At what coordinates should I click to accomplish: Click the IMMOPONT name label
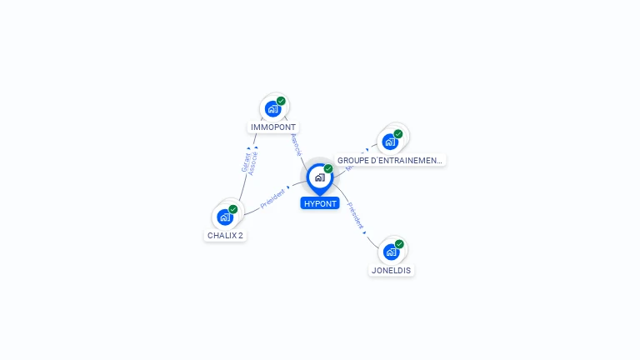273,127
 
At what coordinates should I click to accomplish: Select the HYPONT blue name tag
320,203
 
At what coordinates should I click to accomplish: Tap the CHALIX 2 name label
225,235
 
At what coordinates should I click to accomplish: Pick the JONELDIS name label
391,270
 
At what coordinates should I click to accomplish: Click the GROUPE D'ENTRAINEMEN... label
389,160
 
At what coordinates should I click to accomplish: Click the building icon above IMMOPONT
272,109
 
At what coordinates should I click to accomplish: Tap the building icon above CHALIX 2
224,217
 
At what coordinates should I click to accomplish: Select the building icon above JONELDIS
390,252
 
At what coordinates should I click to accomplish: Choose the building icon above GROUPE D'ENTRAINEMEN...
389,142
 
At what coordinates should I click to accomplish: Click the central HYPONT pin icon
319,177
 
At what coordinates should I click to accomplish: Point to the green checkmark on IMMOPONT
281,101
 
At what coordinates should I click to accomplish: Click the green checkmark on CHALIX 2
233,209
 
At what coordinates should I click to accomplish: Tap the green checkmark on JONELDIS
399,244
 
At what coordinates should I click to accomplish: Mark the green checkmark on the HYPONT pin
328,168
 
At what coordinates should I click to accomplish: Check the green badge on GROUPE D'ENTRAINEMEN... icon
398,133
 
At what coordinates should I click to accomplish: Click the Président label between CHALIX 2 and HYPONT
273,198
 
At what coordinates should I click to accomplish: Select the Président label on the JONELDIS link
355,216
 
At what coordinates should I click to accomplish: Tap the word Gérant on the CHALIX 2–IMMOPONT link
245,163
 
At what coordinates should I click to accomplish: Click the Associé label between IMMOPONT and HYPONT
295,145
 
